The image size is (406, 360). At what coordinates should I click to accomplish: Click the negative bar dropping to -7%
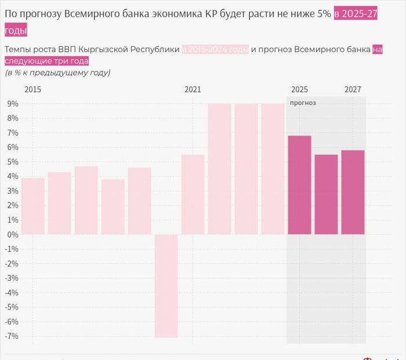click(166, 286)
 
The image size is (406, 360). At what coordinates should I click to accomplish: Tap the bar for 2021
click(193, 194)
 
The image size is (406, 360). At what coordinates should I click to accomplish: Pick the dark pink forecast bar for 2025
click(299, 185)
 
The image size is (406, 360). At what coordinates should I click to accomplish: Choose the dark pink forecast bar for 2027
click(353, 192)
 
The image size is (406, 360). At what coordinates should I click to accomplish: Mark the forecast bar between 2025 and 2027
click(326, 194)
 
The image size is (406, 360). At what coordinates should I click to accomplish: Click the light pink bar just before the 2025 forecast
click(273, 169)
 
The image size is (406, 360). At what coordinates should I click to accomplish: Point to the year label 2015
click(32, 90)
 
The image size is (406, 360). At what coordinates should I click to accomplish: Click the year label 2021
click(193, 90)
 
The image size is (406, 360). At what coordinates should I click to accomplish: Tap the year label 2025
click(299, 90)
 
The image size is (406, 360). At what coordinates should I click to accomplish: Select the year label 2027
click(353, 90)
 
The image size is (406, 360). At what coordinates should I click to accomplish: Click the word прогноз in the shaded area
click(303, 103)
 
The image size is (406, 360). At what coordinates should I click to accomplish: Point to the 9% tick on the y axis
click(13, 104)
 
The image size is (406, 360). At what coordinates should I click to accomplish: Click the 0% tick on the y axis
click(13, 234)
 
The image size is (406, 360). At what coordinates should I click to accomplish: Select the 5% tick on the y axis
click(13, 162)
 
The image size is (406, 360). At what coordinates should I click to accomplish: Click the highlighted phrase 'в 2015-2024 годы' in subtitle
click(215, 50)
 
